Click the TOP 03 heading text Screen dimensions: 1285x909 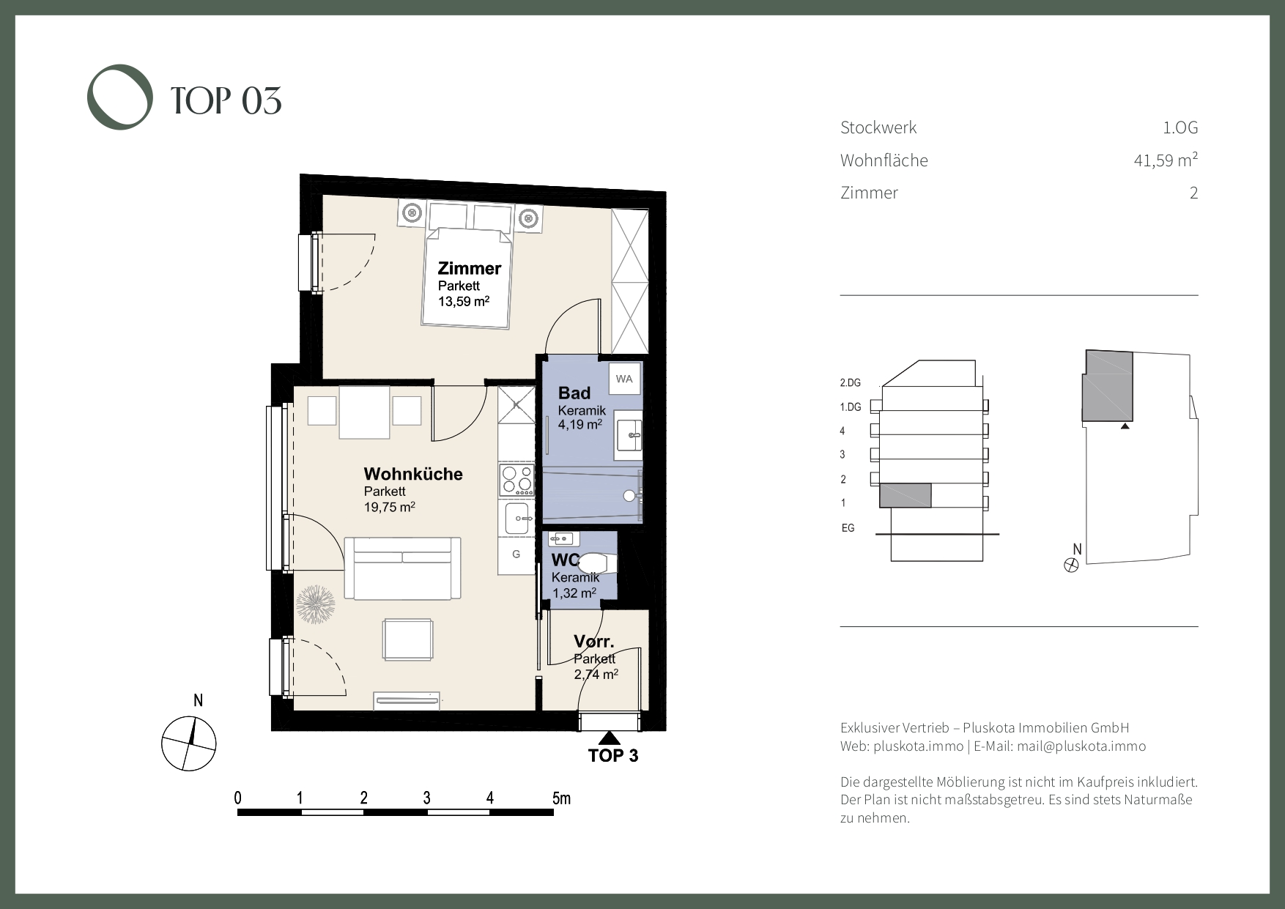pyautogui.click(x=226, y=100)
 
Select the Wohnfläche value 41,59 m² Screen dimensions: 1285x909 pyautogui.click(x=1166, y=160)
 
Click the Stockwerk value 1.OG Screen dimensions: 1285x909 pyautogui.click(x=1180, y=127)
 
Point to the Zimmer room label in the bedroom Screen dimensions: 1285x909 pyautogui.click(x=470, y=268)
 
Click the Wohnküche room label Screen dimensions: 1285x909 pyautogui.click(x=413, y=474)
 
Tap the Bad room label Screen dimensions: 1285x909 pyautogui.click(x=574, y=393)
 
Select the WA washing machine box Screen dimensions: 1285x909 pyautogui.click(x=624, y=379)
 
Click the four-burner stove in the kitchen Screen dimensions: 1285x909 pyautogui.click(x=516, y=479)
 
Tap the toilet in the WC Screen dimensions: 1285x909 pyautogui.click(x=597, y=563)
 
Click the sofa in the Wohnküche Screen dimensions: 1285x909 pyautogui.click(x=402, y=568)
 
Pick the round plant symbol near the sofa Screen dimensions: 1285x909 pyautogui.click(x=316, y=604)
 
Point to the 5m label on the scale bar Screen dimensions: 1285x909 pyautogui.click(x=561, y=798)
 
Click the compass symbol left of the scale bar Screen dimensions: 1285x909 pyautogui.click(x=190, y=743)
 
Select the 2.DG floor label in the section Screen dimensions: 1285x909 pyautogui.click(x=850, y=382)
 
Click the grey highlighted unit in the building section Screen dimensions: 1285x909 pyautogui.click(x=905, y=495)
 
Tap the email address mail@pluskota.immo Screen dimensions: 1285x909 pyautogui.click(x=1081, y=746)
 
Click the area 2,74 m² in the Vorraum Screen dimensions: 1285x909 pyautogui.click(x=596, y=674)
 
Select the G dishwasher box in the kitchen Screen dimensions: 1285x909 pyautogui.click(x=516, y=554)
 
